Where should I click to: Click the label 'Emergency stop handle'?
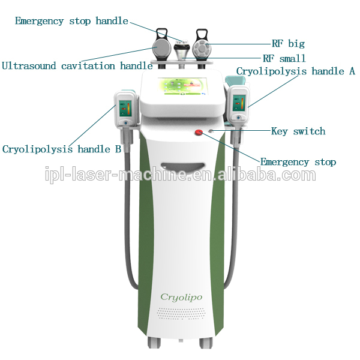pyautogui.click(x=71, y=21)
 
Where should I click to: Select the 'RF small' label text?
pyautogui.click(x=284, y=59)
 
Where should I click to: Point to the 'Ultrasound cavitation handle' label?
pyautogui.click(x=77, y=65)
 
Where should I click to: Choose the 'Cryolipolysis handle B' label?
pyautogui.click(x=62, y=149)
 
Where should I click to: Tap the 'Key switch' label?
pyautogui.click(x=298, y=131)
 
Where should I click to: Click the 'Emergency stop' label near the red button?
pyautogui.click(x=298, y=162)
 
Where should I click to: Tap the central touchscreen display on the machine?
pyautogui.click(x=180, y=89)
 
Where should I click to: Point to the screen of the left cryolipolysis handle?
pyautogui.click(x=125, y=109)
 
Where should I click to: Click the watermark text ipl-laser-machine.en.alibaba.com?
pyautogui.click(x=180, y=175)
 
